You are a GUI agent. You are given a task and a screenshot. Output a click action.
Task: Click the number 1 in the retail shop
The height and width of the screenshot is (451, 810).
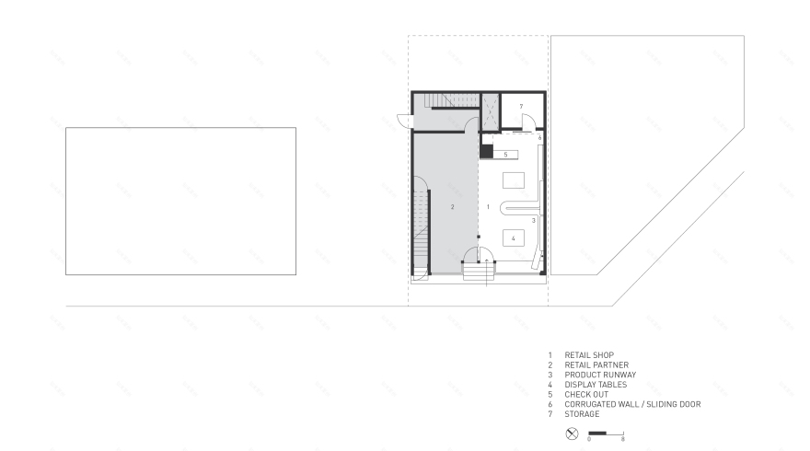coord(488,208)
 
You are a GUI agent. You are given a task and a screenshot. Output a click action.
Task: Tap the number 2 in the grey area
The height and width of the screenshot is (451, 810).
coord(453,208)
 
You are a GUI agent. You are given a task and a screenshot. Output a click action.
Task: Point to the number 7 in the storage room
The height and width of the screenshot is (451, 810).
coord(521,107)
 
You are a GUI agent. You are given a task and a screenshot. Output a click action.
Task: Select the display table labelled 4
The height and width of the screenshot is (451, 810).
coord(514,238)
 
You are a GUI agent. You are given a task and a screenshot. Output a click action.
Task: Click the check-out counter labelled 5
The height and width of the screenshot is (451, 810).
coord(506,155)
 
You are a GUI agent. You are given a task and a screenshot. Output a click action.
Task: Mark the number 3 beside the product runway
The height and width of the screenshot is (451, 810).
coord(533,221)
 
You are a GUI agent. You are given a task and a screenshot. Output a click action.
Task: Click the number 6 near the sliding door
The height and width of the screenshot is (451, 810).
coord(539,137)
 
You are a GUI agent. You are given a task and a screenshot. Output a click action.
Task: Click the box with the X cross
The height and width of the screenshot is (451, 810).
coord(491,112)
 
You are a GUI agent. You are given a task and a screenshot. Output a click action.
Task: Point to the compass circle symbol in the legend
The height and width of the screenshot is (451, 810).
coord(572,433)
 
